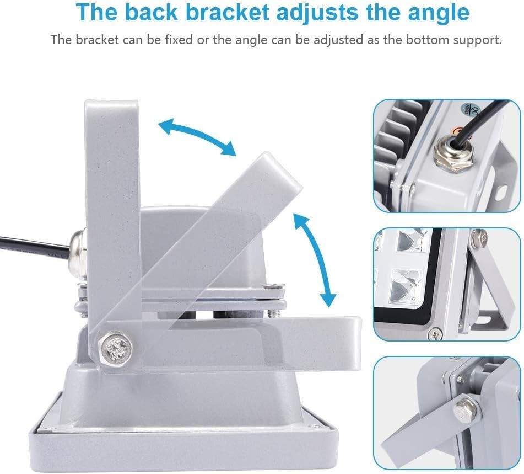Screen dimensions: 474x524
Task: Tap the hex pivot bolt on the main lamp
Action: point(116,348)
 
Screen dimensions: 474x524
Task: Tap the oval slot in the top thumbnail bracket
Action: point(501,192)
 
